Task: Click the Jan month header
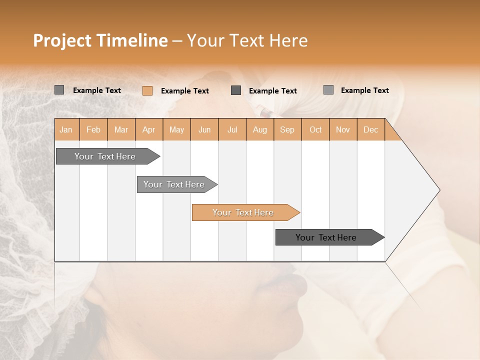pyautogui.click(x=66, y=129)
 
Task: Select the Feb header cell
pyautogui.click(x=93, y=129)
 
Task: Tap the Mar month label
pyautogui.click(x=121, y=129)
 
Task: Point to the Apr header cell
pyautogui.click(x=149, y=129)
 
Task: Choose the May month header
pyautogui.click(x=176, y=129)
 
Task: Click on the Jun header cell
pyautogui.click(x=204, y=129)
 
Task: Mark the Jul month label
pyautogui.click(x=232, y=129)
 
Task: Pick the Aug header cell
pyautogui.click(x=260, y=129)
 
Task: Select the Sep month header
pyautogui.click(x=287, y=129)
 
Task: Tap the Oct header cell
pyautogui.click(x=315, y=129)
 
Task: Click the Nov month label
pyautogui.click(x=343, y=129)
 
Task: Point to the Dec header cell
pyautogui.click(x=371, y=129)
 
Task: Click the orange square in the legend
pyautogui.click(x=147, y=90)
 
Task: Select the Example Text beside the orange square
pyautogui.click(x=185, y=91)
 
